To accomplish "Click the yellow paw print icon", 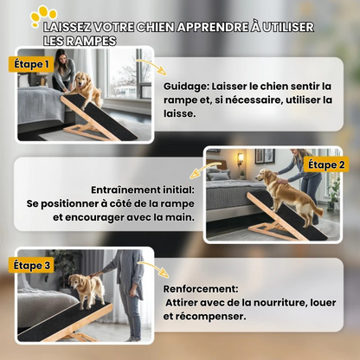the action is (x=43, y=16).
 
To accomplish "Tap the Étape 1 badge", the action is (x=31, y=64).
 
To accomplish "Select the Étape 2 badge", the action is (x=326, y=164).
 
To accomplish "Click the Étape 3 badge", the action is (x=32, y=266).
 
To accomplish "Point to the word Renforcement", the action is (x=201, y=289).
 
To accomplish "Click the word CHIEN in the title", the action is (x=155, y=27).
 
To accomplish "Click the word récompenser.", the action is (x=209, y=317).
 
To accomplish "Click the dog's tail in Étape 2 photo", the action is (x=316, y=209).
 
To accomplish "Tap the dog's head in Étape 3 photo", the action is (x=75, y=282).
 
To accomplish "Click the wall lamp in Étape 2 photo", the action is (x=241, y=159).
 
